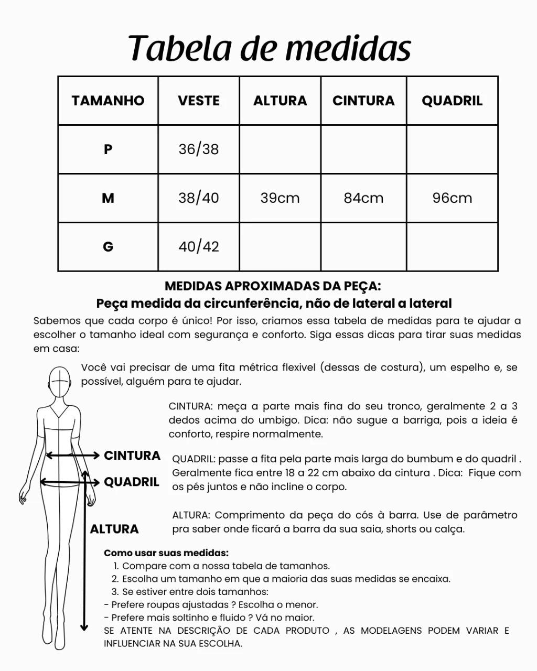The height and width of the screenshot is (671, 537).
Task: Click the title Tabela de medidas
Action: point(269,48)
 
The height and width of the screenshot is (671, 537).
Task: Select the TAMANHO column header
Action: point(108,101)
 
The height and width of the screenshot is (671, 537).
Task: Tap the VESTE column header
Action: point(198,101)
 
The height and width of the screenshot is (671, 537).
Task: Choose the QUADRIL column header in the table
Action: point(452,101)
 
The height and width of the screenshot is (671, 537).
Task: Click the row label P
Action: point(108,149)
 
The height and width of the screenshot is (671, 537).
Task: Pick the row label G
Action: point(108,246)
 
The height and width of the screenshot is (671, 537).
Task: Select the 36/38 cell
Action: point(198,149)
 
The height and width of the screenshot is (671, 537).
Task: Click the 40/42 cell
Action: point(198,246)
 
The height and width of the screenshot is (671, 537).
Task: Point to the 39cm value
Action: point(280,198)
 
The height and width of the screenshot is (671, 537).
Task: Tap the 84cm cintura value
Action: point(363,198)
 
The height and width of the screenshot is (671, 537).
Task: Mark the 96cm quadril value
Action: point(452,198)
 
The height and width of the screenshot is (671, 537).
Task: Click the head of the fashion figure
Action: point(60,382)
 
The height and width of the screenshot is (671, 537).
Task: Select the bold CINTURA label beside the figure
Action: point(132,456)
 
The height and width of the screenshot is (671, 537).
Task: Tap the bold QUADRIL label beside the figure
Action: point(132,482)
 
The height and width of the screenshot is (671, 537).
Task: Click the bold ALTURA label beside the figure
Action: point(114,529)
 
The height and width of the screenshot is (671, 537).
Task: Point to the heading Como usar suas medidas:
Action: point(166,553)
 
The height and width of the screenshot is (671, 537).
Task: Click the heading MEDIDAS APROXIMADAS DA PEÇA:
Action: point(273,286)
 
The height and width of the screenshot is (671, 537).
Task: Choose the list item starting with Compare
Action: point(225,566)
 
